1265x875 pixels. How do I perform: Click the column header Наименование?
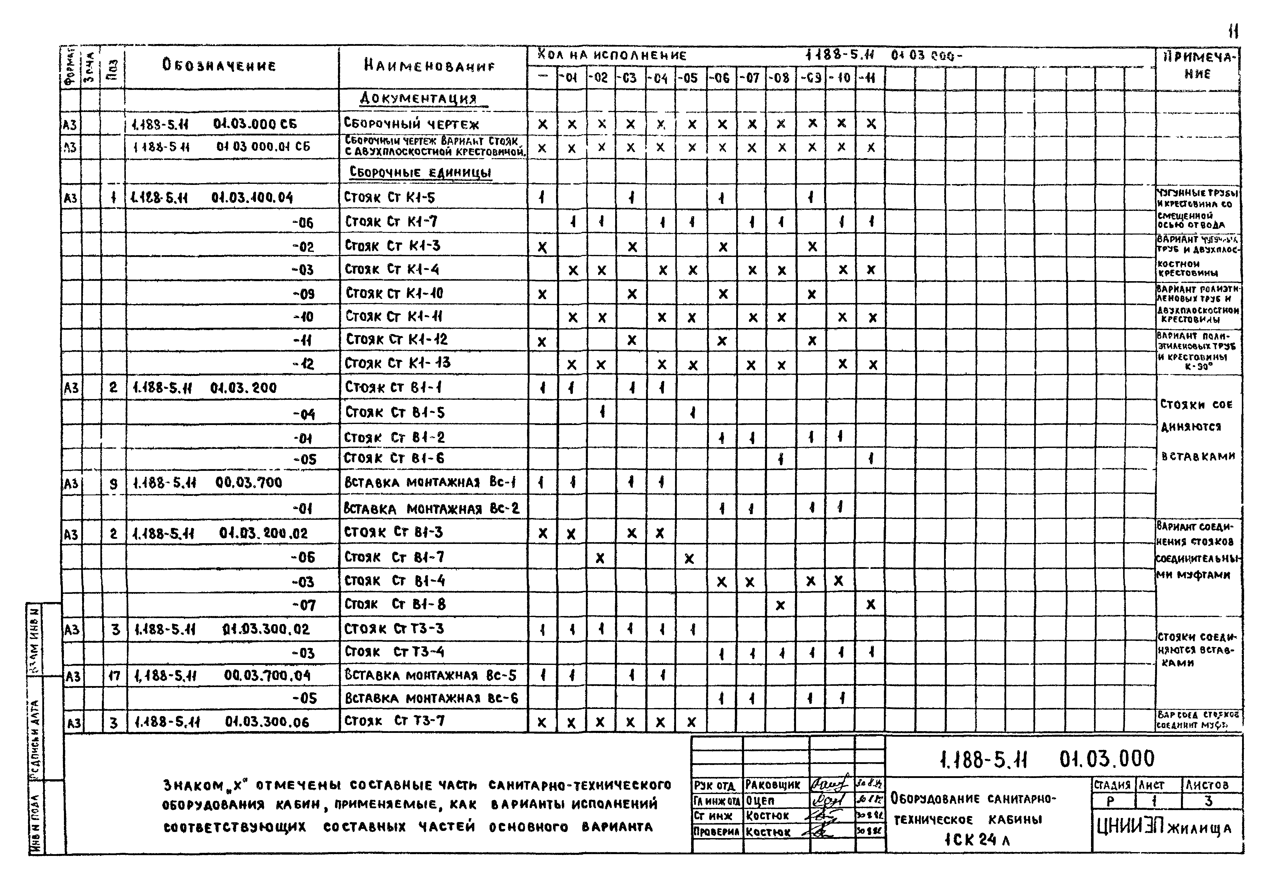tap(429, 66)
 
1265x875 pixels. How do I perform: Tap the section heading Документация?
tap(418, 99)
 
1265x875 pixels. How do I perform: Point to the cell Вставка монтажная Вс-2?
tap(432, 508)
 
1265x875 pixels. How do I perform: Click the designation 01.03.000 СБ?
tap(255, 124)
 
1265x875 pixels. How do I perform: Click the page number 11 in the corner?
tap(1233, 31)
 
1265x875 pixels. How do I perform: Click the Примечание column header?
tap(1197, 66)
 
